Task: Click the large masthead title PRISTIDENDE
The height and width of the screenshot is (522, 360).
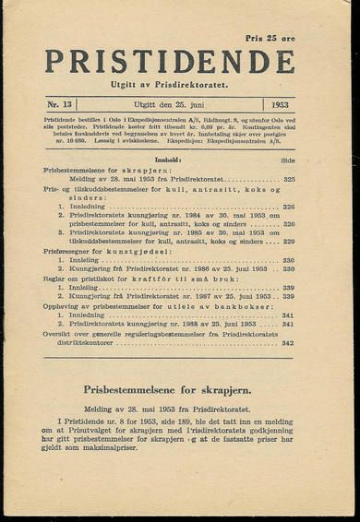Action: click(x=170, y=61)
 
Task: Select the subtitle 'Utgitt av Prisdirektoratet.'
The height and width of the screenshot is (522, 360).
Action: click(x=171, y=85)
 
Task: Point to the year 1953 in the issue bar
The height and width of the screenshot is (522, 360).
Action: click(x=281, y=104)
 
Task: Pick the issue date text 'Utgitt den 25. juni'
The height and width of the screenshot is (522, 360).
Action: click(x=171, y=104)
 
